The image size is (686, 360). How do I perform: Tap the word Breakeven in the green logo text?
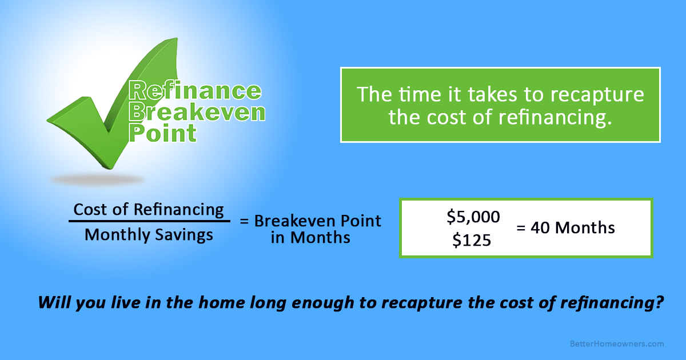point(197,112)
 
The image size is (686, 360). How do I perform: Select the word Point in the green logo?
point(163,133)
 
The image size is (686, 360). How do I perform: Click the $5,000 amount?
point(473,217)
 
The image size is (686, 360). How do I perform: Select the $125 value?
point(472,241)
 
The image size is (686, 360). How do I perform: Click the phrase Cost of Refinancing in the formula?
point(149,209)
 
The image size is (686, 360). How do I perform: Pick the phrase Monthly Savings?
point(149,235)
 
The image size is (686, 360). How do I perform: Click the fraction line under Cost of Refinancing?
point(149,222)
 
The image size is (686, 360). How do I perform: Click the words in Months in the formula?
point(310,238)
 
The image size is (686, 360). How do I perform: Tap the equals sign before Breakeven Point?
point(244,221)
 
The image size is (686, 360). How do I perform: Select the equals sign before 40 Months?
point(521,228)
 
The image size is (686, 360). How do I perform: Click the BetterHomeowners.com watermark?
point(617,343)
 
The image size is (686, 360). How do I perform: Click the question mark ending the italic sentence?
point(658,302)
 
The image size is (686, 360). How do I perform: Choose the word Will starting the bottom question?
point(52,302)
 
